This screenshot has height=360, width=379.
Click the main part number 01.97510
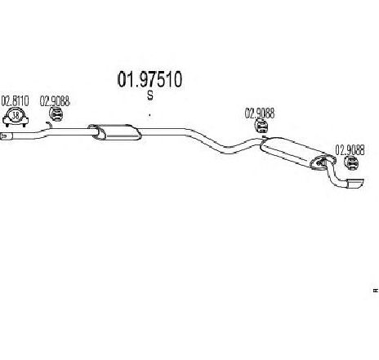click(149, 79)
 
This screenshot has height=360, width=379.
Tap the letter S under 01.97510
click(150, 96)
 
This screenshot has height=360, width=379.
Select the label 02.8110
click(15, 101)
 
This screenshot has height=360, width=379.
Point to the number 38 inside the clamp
click(16, 115)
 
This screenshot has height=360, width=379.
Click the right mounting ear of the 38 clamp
click(25, 121)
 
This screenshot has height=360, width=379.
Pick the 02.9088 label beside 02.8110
click(55, 101)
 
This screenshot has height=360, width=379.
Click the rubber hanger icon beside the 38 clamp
click(56, 114)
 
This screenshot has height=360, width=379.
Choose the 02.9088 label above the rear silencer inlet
click(260, 113)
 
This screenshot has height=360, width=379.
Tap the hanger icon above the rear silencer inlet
click(261, 127)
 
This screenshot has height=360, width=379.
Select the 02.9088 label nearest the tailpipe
click(350, 150)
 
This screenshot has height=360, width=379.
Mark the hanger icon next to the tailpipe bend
click(351, 163)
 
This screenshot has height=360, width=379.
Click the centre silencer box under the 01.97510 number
click(114, 132)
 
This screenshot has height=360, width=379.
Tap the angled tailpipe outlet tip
click(355, 184)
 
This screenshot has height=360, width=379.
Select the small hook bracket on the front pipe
click(49, 125)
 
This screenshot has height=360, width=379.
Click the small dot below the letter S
click(149, 115)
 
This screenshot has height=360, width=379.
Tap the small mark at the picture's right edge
click(376, 291)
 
